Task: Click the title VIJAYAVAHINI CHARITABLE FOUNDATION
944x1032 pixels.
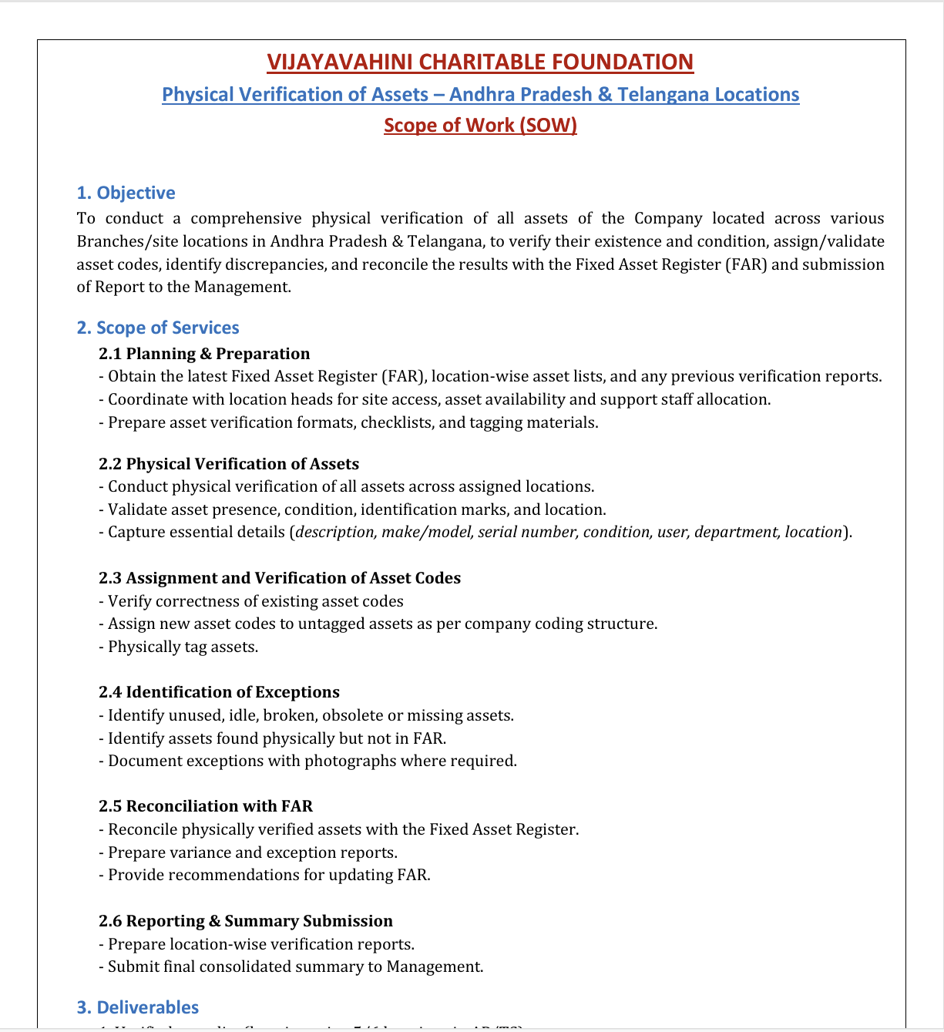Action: pos(480,62)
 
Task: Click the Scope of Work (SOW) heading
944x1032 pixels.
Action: pos(480,125)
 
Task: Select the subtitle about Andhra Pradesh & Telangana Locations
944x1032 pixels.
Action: pos(480,94)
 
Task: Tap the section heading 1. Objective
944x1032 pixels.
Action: pos(126,193)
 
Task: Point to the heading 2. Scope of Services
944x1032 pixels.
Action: pos(158,328)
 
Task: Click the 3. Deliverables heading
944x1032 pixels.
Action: pos(138,1007)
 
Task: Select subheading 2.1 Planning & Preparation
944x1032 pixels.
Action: pos(204,354)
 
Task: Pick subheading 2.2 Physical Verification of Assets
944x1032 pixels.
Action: pos(229,464)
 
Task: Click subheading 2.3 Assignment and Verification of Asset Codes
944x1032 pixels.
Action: pos(280,578)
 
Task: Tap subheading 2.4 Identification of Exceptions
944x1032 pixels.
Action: pos(219,692)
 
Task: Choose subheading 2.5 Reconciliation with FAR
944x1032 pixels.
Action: pos(206,806)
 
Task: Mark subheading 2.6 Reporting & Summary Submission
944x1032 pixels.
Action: pos(246,921)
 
